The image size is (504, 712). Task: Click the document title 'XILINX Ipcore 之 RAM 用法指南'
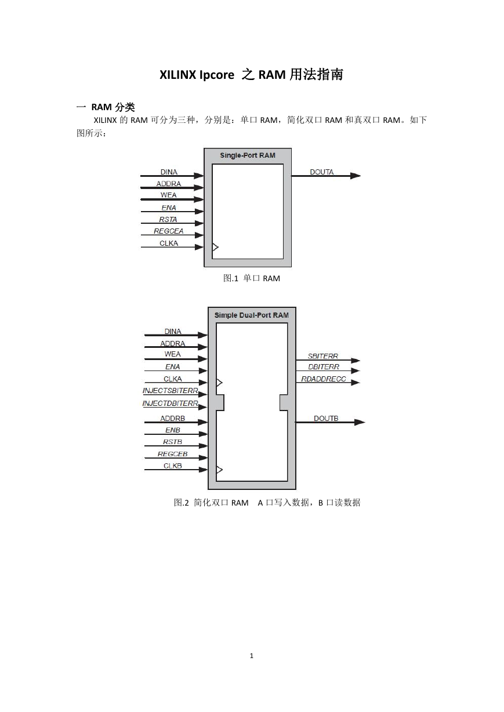[x=251, y=75]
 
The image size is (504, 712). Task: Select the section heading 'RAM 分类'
[x=113, y=107]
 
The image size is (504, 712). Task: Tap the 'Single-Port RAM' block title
[x=248, y=155]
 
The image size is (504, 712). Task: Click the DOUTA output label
[x=321, y=172]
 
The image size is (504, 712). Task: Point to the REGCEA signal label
[x=169, y=231]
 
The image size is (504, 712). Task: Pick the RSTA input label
[x=168, y=219]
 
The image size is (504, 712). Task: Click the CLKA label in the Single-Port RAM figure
[x=169, y=243]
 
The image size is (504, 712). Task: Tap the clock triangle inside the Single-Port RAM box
[x=215, y=246]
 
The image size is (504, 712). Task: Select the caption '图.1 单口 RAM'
[x=252, y=278]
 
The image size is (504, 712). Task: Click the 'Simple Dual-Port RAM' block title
[x=252, y=315]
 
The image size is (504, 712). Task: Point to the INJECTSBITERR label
[x=171, y=391]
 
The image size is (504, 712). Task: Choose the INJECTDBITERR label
[x=171, y=404]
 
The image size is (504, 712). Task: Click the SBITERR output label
[x=322, y=357]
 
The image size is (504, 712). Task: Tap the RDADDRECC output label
[x=324, y=379]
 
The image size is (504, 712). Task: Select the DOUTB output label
[x=326, y=418]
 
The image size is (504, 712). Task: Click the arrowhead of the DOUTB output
[x=360, y=422]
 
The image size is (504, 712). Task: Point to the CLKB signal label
[x=173, y=466]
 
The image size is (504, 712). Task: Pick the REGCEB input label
[x=173, y=454]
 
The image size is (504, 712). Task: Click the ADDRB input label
[x=173, y=418]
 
